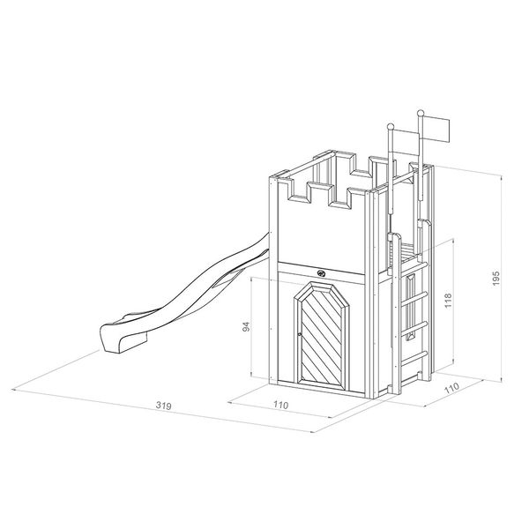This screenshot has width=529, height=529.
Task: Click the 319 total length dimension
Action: click(164, 406)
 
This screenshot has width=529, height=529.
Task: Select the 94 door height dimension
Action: click(247, 326)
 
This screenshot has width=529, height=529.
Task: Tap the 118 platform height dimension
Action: click(448, 301)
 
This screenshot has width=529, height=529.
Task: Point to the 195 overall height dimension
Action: click(495, 278)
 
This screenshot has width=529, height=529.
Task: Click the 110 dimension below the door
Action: click(281, 405)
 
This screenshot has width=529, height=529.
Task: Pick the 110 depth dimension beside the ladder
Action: click(451, 388)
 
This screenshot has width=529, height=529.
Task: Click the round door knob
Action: click(300, 334)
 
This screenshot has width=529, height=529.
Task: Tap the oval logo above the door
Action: click(321, 273)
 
